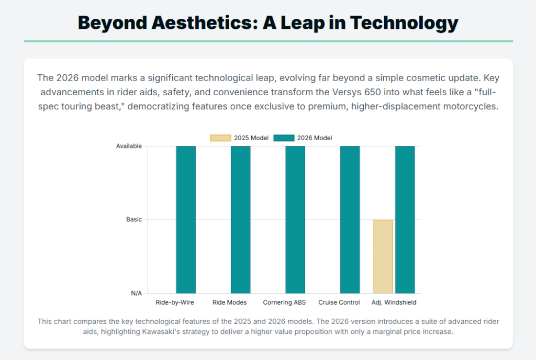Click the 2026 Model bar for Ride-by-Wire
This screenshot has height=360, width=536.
click(186, 220)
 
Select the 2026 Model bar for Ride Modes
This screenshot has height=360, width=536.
click(240, 220)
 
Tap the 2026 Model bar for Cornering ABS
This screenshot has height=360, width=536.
click(295, 220)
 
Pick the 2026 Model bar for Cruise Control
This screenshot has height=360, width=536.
click(350, 220)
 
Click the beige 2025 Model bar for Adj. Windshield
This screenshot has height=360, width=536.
click(383, 256)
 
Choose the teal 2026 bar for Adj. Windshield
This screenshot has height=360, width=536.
click(405, 220)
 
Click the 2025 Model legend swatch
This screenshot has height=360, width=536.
click(221, 138)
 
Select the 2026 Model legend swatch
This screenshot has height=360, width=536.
click(284, 138)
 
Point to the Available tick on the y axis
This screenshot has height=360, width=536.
click(129, 147)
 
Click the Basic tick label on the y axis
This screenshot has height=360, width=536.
click(134, 220)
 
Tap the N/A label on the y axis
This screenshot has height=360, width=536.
click(136, 294)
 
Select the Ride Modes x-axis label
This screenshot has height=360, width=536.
click(229, 302)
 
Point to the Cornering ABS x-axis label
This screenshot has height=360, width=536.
click(284, 302)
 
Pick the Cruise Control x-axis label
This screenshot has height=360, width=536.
click(339, 302)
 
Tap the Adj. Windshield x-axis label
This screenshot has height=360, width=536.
click(394, 302)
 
